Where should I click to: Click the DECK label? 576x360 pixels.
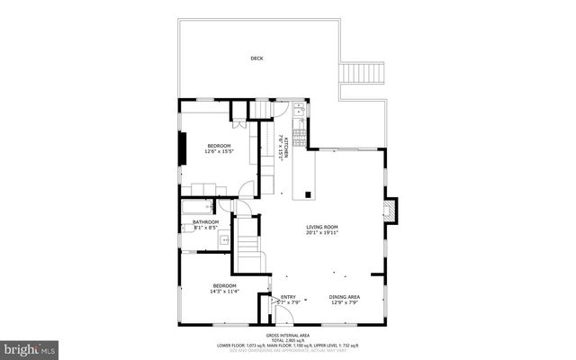tap(256, 59)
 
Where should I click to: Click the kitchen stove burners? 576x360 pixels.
tap(299, 130)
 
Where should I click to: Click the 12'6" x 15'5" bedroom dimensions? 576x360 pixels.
tap(219, 152)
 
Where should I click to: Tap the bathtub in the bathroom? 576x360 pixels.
tap(196, 208)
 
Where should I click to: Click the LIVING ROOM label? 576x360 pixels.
tap(321, 227)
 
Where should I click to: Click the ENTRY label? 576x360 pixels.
tap(288, 297)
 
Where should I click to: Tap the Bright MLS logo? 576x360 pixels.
tap(30, 346)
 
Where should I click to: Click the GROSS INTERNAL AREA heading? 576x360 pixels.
tap(288, 333)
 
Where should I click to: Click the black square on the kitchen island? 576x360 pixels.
tap(309, 193)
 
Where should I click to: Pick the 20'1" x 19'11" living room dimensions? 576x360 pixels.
tap(321, 233)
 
